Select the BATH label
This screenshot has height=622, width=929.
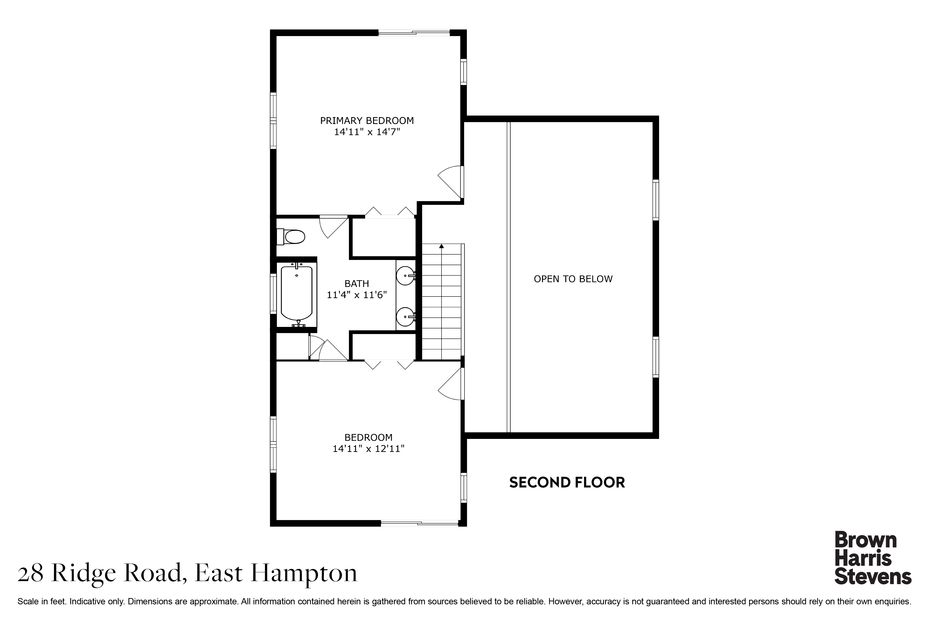357,284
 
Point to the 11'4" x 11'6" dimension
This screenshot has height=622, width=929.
357,295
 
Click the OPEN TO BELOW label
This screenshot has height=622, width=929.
573,279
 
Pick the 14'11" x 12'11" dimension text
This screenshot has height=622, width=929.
368,449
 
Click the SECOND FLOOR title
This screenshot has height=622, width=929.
567,482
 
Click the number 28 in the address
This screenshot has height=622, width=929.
30,574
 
